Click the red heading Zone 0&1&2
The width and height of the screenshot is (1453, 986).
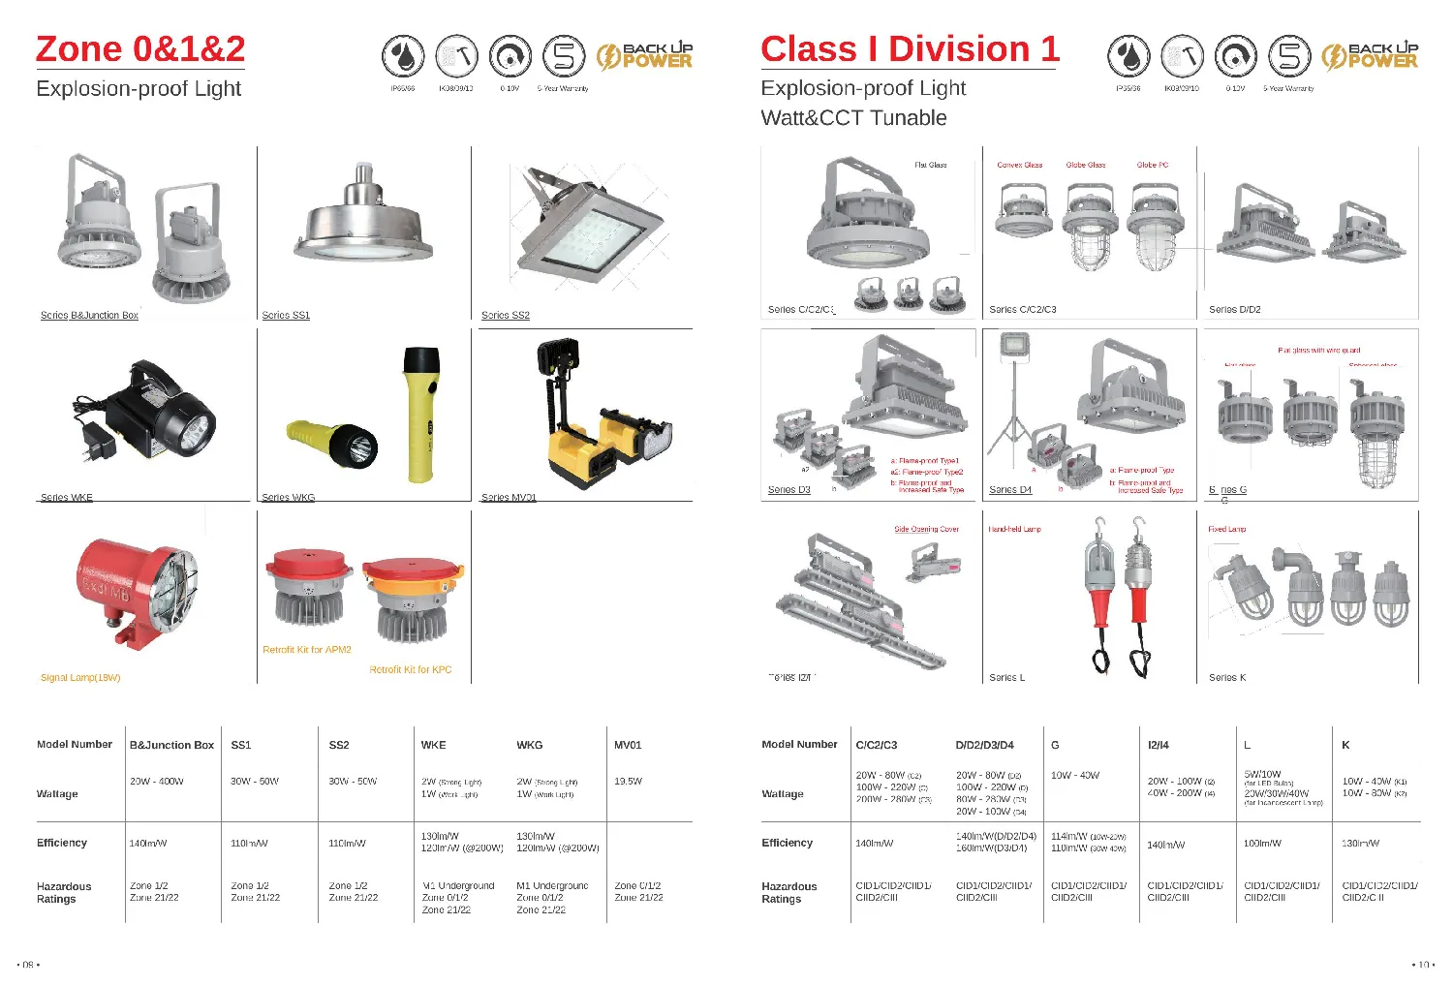click(140, 49)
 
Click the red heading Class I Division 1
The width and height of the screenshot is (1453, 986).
click(910, 49)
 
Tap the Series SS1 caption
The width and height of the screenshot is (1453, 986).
click(286, 316)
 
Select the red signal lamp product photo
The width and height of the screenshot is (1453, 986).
click(137, 594)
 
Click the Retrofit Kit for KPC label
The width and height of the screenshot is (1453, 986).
click(410, 670)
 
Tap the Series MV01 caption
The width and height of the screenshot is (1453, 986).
click(509, 498)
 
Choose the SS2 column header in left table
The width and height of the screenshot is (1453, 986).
click(339, 745)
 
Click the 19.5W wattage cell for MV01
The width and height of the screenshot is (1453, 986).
click(628, 781)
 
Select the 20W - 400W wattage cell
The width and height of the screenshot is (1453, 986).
click(156, 781)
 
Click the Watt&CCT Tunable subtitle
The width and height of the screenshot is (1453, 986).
click(853, 118)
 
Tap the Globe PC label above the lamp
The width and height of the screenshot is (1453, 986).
click(1152, 165)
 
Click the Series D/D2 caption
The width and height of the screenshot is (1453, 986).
click(1234, 310)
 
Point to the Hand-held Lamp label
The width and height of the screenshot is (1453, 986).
click(1014, 530)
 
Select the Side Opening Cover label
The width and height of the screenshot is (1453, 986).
click(926, 530)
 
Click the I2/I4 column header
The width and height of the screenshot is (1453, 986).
click(1158, 745)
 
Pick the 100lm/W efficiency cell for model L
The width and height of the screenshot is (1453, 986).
click(1262, 844)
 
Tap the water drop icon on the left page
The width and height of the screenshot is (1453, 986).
click(402, 56)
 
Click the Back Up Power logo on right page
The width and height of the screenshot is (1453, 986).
click(1370, 56)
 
